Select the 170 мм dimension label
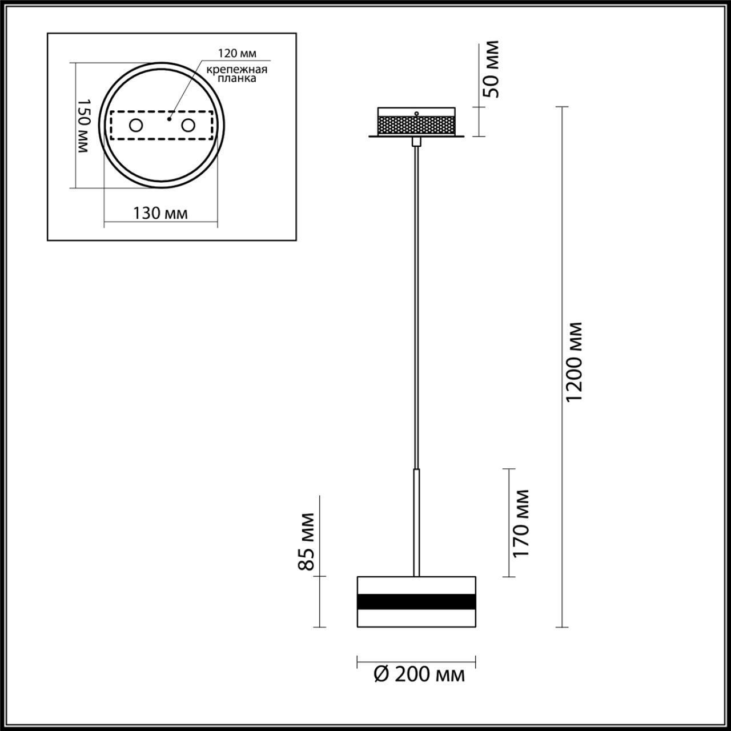pos(521,523)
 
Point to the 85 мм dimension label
pos(307,541)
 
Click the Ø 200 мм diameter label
pos(419,674)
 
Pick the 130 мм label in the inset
pos(160,213)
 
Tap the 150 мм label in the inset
pos(84,126)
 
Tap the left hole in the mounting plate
pos(136,125)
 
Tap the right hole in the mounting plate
pos(188,125)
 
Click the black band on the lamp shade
pos(416,602)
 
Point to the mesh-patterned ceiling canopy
pos(416,124)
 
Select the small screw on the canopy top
pos(417,114)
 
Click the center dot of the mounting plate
pos(168,120)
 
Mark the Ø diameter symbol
pos(381,674)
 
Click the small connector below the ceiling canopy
pos(417,141)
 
